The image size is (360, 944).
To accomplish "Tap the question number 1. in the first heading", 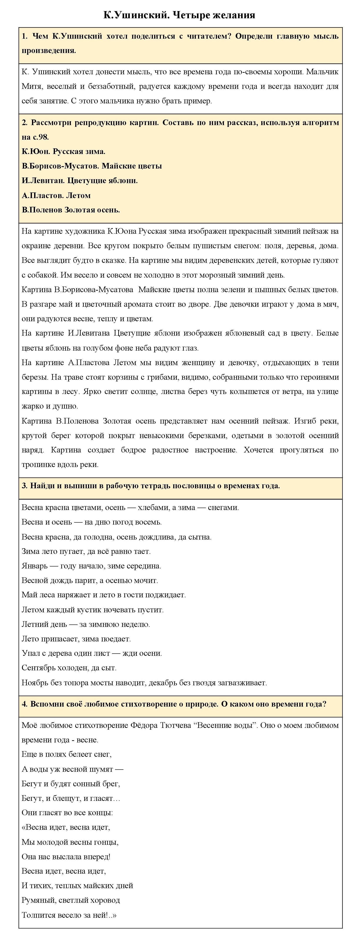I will coord(25,36).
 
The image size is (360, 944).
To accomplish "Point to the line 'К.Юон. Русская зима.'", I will coord(63,151).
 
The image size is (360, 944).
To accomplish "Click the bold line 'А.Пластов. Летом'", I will coord(56,195).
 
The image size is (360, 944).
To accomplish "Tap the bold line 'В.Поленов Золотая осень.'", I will coord(71,210).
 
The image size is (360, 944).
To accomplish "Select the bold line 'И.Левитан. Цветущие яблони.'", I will coord(80,181).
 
